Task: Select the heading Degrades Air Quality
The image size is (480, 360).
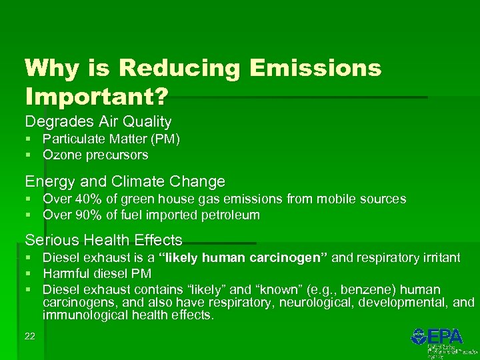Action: pyautogui.click(x=98, y=122)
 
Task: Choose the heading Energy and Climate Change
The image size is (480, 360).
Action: pyautogui.click(x=125, y=181)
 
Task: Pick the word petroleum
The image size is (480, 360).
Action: pyautogui.click(x=230, y=215)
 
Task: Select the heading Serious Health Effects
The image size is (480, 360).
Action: pyautogui.click(x=103, y=240)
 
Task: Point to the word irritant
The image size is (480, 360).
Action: pyautogui.click(x=437, y=258)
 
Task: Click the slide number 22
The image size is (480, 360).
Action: pyautogui.click(x=29, y=336)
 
